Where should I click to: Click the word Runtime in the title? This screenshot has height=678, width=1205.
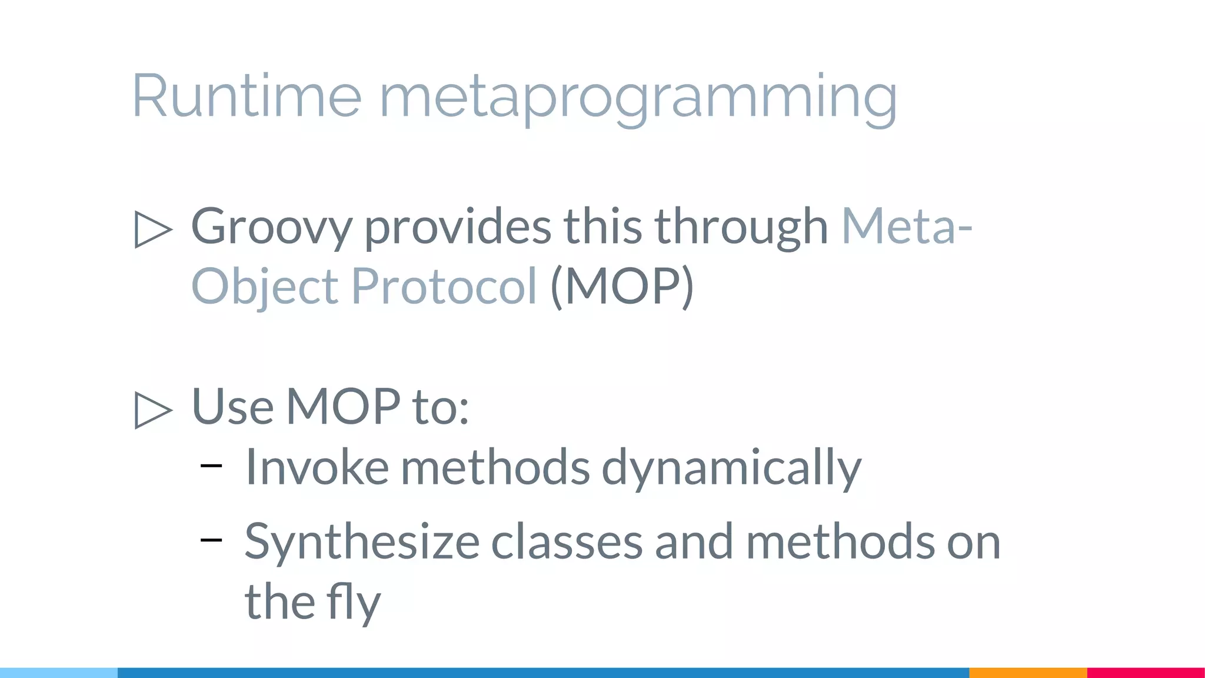tap(247, 96)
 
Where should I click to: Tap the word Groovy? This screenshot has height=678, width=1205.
tap(271, 227)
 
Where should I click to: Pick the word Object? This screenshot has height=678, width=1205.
tap(265, 287)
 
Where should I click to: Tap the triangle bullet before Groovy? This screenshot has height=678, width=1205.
tap(153, 229)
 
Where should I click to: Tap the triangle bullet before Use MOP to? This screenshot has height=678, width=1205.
tap(153, 410)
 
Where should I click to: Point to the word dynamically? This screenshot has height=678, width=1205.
tap(731, 468)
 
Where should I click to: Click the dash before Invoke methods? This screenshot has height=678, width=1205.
tap(211, 466)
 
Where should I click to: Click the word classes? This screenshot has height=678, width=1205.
tap(567, 541)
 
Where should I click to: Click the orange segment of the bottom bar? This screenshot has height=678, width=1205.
tap(1027, 672)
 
